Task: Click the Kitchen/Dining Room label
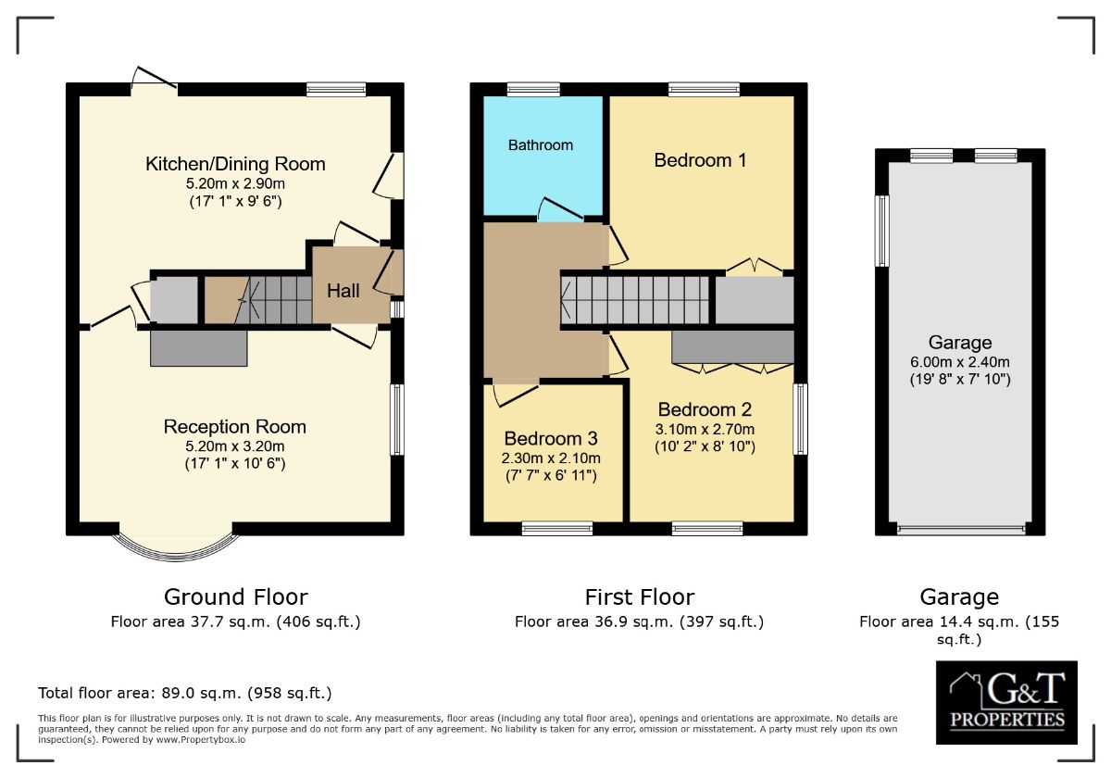(235, 164)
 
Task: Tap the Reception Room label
(234, 427)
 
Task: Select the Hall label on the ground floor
(343, 291)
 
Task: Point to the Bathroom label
(541, 144)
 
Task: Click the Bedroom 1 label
(700, 160)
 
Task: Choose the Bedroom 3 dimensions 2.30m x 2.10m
(551, 458)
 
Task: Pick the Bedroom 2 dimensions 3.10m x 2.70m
(705, 429)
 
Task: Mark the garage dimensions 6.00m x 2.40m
(960, 362)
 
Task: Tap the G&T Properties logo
(1007, 703)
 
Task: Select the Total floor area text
(185, 693)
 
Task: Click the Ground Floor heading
(235, 596)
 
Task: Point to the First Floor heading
(640, 596)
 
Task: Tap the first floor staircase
(635, 300)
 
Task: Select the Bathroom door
(560, 209)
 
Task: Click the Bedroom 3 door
(516, 395)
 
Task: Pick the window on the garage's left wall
(881, 231)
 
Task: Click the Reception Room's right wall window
(397, 420)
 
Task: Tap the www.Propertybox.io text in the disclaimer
(201, 740)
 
